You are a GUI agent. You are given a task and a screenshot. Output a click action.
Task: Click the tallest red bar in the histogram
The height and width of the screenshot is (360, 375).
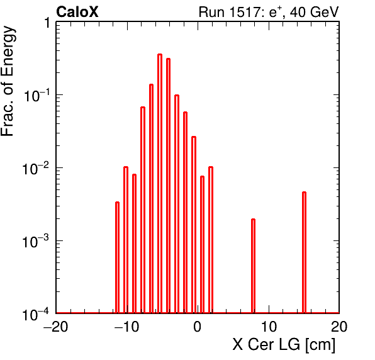point(160,184)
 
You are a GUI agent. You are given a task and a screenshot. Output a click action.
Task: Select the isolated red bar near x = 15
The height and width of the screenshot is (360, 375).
point(304,252)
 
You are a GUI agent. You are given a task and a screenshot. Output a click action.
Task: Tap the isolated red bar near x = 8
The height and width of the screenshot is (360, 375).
point(254,266)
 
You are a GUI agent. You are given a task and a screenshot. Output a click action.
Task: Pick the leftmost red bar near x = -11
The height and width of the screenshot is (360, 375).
point(117,257)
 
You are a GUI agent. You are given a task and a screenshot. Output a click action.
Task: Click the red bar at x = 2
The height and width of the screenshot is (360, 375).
point(211,240)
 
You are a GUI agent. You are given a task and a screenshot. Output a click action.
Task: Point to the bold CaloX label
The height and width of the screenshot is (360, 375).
point(77,12)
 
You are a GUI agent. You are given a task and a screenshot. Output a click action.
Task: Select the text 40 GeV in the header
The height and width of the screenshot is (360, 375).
point(315,12)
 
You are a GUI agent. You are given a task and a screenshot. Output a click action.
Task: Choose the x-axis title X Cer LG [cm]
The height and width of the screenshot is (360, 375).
point(284,345)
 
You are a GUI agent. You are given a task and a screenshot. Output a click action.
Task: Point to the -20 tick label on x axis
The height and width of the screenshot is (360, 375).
point(55,326)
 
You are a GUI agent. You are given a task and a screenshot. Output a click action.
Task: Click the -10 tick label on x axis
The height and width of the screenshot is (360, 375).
point(126,326)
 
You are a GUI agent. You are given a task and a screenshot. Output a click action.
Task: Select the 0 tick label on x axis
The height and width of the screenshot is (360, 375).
point(198,326)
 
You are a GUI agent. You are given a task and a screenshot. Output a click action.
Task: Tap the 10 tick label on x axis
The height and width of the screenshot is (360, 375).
point(269,326)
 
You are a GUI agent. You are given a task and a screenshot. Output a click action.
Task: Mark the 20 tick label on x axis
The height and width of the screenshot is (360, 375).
point(339,326)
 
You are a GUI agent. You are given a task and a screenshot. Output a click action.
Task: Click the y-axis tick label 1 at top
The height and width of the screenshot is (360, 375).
point(48,23)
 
